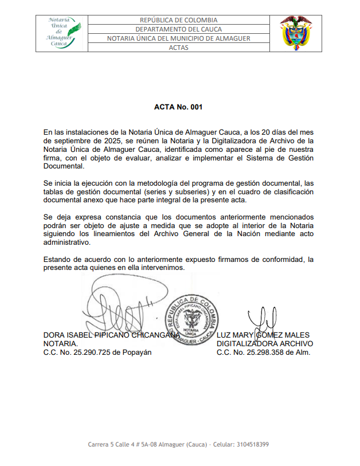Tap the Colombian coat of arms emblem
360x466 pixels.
[x=296, y=33]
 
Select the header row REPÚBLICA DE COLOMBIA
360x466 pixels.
[x=178, y=20]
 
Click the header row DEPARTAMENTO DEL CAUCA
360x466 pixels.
[x=178, y=29]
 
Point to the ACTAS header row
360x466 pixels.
[x=178, y=48]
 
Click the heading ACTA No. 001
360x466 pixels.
[x=178, y=107]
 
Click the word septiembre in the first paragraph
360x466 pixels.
[x=80, y=140]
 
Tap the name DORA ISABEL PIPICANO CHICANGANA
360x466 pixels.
[x=108, y=335]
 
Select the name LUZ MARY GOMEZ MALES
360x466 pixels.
[x=263, y=335]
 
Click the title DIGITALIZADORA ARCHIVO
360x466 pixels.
[x=265, y=344]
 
